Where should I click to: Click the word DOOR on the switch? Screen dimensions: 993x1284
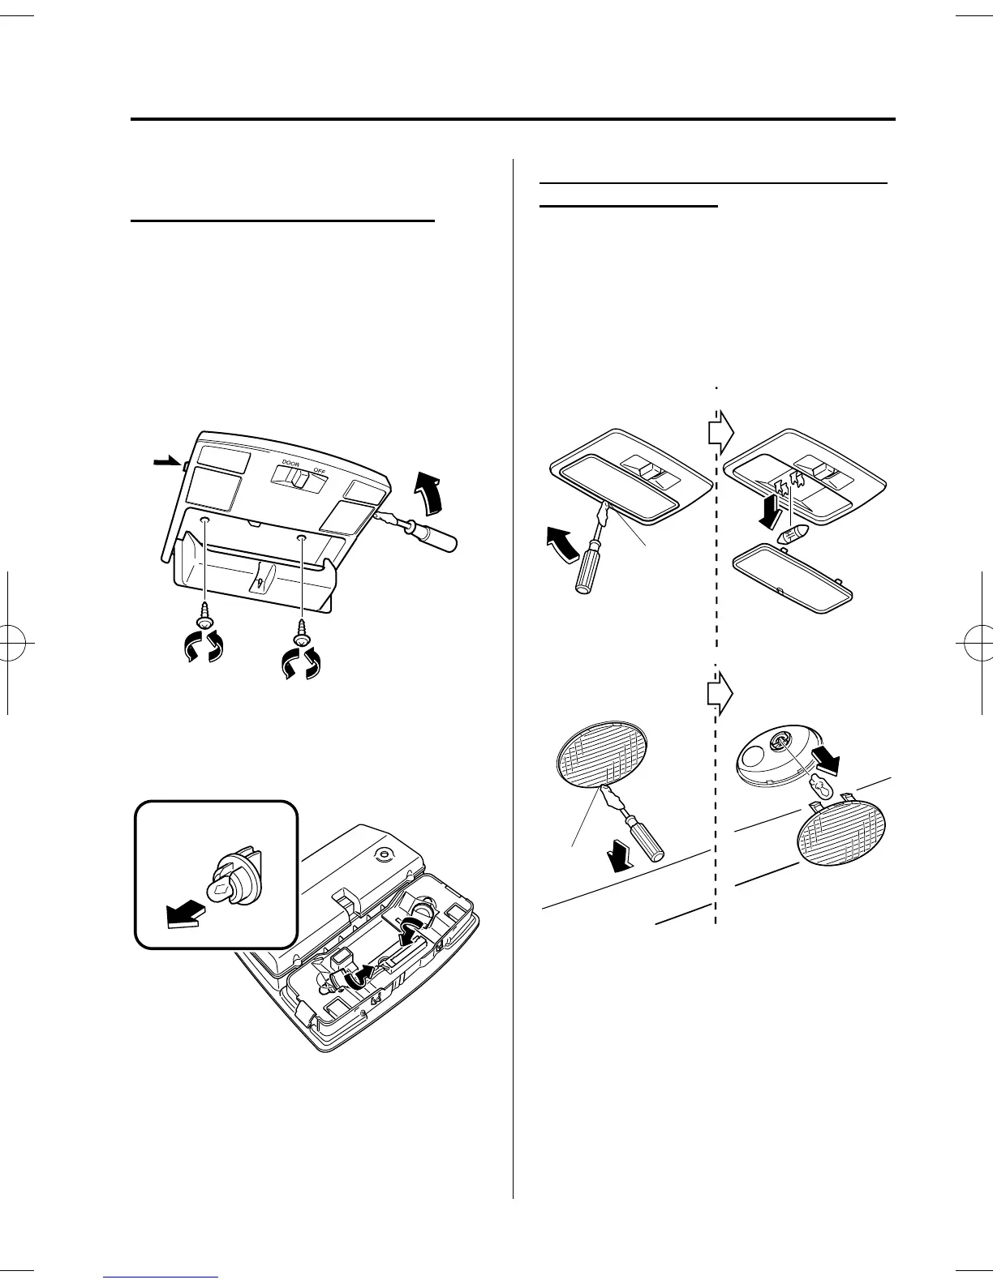coord(290,463)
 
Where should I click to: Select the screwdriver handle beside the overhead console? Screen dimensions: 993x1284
coord(433,537)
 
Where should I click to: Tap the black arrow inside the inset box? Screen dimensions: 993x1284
coord(182,914)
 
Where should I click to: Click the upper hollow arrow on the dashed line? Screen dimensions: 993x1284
coord(720,434)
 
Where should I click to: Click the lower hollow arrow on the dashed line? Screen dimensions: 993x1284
coord(720,691)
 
